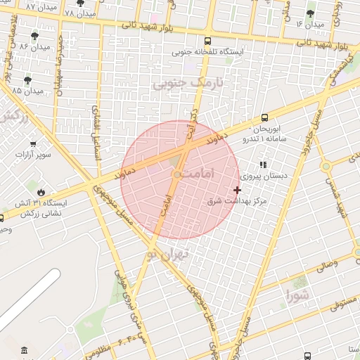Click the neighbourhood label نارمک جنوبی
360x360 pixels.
[x=187, y=83]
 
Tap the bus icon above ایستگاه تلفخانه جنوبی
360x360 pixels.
[x=207, y=41]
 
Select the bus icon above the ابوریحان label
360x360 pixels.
[x=264, y=117]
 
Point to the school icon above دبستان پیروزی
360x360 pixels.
[x=264, y=165]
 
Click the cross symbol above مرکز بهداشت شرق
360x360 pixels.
[x=237, y=190]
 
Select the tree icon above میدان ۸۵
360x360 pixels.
[x=27, y=79]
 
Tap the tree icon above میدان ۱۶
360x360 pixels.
[x=310, y=13]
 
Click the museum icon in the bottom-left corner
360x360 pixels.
[x=25, y=350]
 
